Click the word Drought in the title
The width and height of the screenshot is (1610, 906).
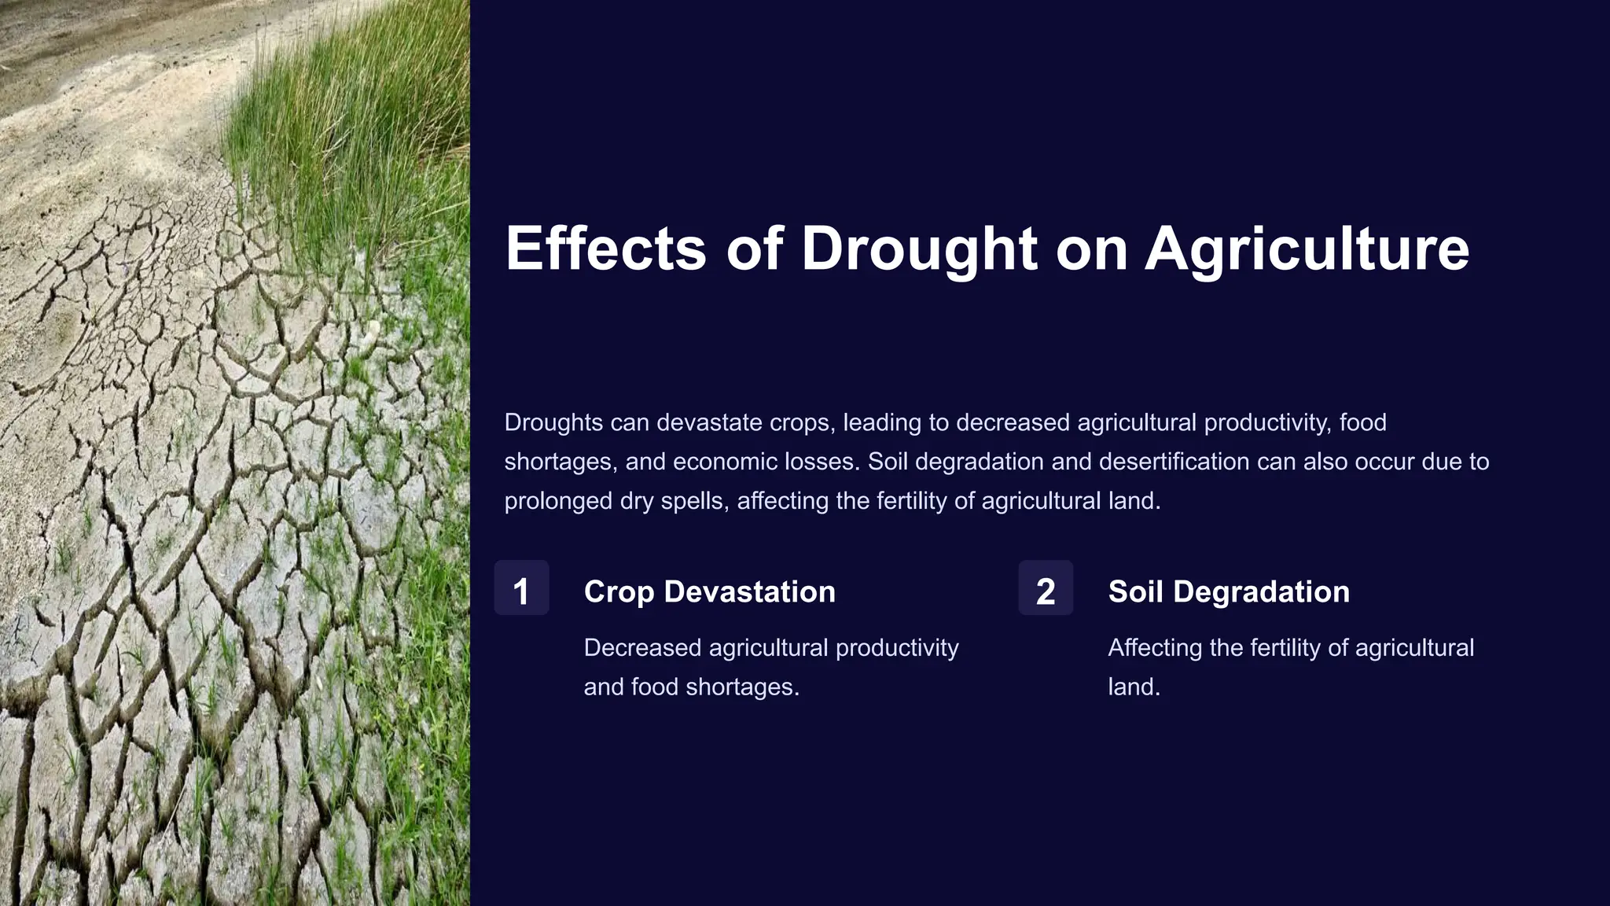tap(919, 249)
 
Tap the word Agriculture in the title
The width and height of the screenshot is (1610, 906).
tap(1307, 249)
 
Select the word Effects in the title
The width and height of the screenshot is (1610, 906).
tap(605, 249)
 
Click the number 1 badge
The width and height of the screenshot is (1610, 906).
tap(521, 588)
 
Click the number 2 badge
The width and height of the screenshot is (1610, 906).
tap(1046, 588)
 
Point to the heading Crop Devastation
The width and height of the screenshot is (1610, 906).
tap(709, 591)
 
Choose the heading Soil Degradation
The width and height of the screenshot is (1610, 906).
tap(1228, 591)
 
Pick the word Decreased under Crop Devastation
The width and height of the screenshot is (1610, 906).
tap(641, 648)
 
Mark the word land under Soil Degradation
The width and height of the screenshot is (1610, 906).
tap(1133, 687)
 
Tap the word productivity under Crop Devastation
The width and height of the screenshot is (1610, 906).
tap(897, 648)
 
